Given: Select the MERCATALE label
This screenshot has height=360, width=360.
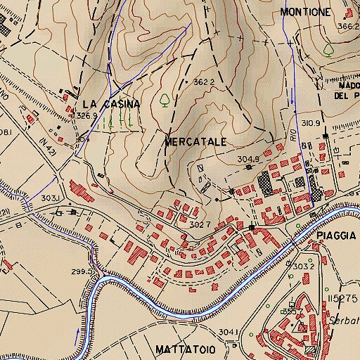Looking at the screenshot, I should coord(195,141).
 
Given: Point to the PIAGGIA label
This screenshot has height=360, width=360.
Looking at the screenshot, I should coord(333,236).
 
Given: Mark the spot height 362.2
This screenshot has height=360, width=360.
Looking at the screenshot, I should coord(203,82).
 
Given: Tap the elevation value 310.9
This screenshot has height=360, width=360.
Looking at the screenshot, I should coord(310,124).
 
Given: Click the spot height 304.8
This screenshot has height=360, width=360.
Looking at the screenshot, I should coord(248,159).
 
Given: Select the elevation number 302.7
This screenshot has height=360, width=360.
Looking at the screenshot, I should coord(200,224).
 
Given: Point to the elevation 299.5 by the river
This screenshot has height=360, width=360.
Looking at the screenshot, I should coord(82,271).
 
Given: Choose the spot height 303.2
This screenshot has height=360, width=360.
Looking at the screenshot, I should coord(302,266).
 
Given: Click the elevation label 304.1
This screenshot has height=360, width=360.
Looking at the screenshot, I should coord(229,332).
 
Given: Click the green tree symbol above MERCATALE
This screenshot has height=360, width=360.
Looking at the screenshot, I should coord(165,99).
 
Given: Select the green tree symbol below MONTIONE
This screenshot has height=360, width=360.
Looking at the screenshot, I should coord(328,49).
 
